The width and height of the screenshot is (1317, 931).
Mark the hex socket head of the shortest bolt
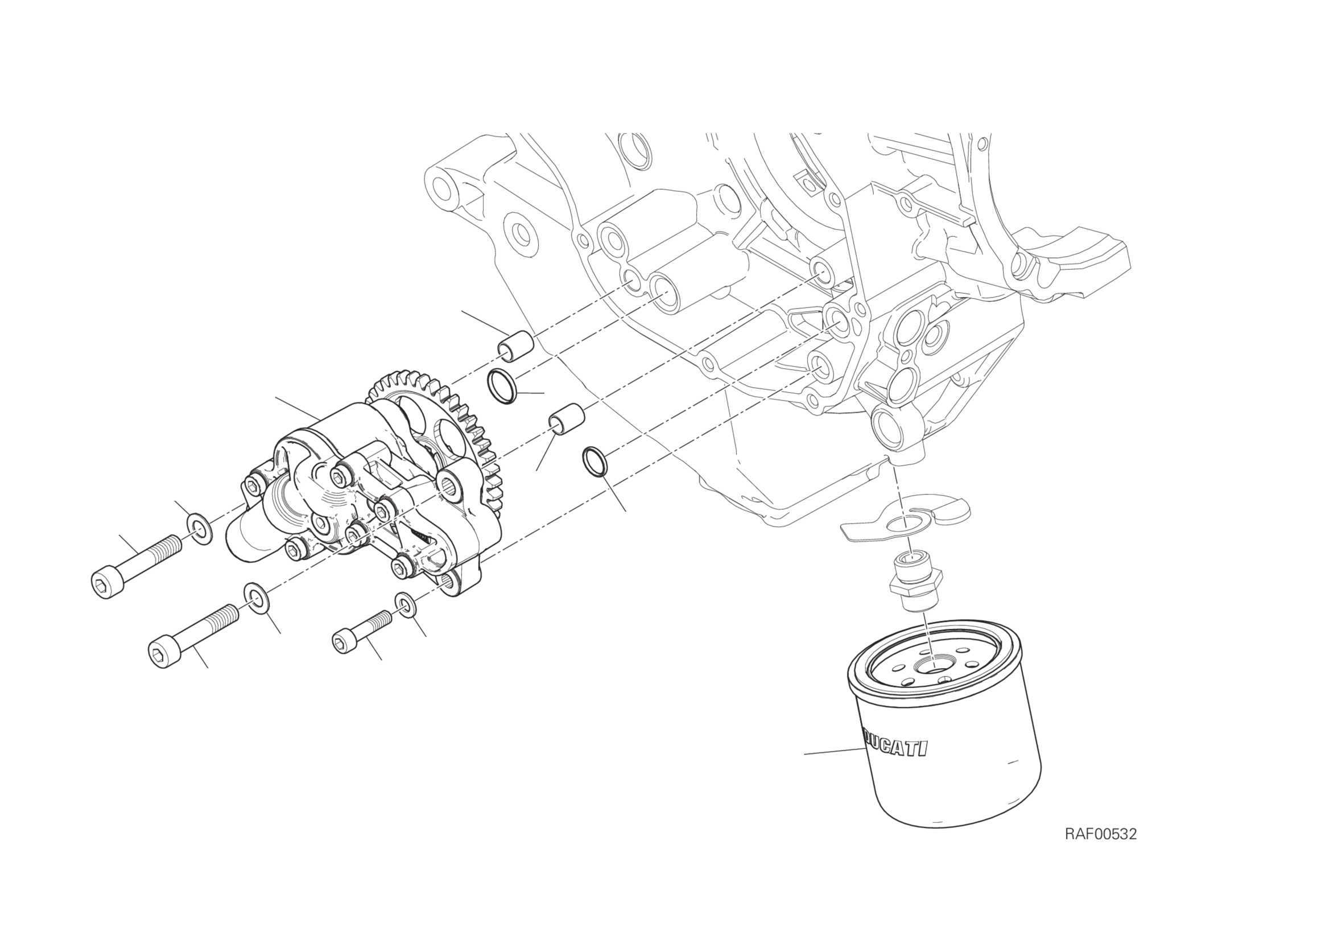coord(344,641)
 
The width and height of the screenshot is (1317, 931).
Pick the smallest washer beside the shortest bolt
coord(406,605)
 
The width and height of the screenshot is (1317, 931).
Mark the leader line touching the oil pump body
coord(298,407)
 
